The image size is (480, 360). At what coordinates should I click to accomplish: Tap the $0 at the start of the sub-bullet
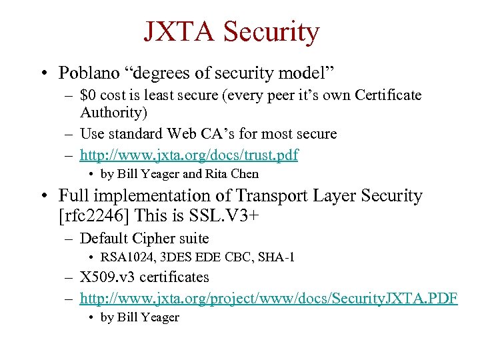87,95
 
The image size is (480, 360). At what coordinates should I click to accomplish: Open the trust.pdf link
189,155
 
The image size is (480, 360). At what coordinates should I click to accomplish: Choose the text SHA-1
277,257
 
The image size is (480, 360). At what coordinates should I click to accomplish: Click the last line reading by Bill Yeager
139,317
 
